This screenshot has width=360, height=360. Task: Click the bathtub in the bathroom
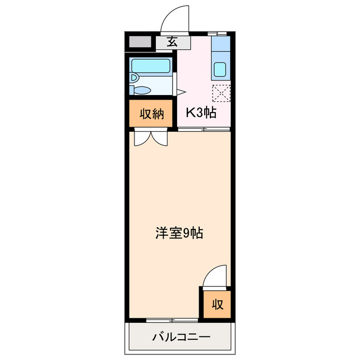150,65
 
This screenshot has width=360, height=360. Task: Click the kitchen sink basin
220,71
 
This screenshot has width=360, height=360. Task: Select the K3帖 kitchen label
201,112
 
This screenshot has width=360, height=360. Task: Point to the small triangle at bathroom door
181,91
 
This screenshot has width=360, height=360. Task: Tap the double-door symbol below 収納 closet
151,137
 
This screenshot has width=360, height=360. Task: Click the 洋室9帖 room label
179,232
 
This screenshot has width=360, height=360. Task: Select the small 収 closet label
218,304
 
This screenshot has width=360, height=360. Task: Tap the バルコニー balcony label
181,337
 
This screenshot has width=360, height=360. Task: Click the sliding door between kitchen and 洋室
204,129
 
